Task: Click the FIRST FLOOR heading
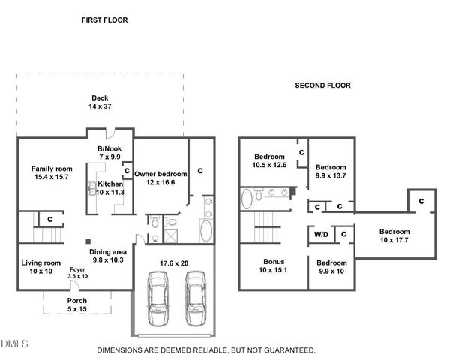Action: tap(104, 20)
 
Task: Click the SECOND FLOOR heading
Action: tap(322, 85)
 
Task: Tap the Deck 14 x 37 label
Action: tap(100, 103)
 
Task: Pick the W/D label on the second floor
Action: tap(321, 235)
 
